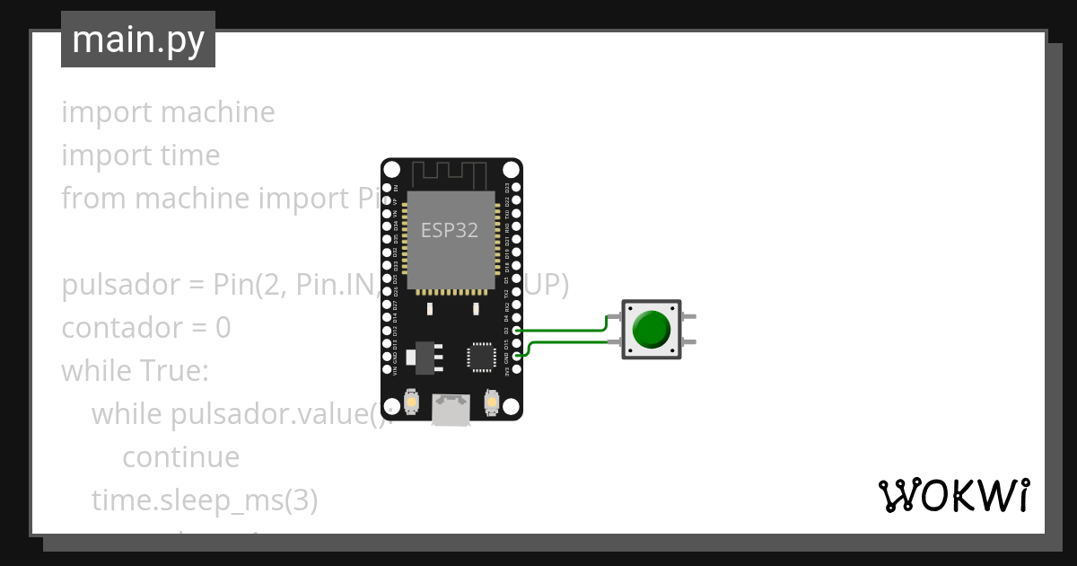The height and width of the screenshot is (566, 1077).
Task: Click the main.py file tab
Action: (x=138, y=40)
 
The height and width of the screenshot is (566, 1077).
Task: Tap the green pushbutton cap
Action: (x=651, y=329)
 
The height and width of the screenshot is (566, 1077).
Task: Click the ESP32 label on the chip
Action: (x=450, y=230)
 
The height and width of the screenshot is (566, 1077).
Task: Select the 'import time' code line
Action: (x=141, y=155)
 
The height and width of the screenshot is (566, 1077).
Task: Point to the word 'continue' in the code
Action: (x=180, y=457)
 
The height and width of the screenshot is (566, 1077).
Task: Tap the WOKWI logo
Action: (x=953, y=495)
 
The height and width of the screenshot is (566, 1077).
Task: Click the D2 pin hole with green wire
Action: (x=516, y=331)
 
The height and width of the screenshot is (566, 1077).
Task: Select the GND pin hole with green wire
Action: (x=516, y=357)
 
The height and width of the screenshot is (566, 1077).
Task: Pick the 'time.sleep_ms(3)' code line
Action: (x=205, y=500)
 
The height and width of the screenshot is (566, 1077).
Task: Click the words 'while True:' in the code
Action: (x=135, y=371)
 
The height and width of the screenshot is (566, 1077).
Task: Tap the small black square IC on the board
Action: (x=481, y=357)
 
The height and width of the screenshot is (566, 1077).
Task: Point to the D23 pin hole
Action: (x=516, y=188)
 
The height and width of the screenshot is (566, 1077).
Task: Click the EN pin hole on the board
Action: (x=388, y=188)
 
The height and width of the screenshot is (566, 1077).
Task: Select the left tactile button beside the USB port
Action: (x=412, y=402)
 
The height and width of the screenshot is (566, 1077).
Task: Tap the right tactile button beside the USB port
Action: (x=491, y=402)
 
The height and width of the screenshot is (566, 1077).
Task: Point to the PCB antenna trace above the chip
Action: (x=451, y=172)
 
